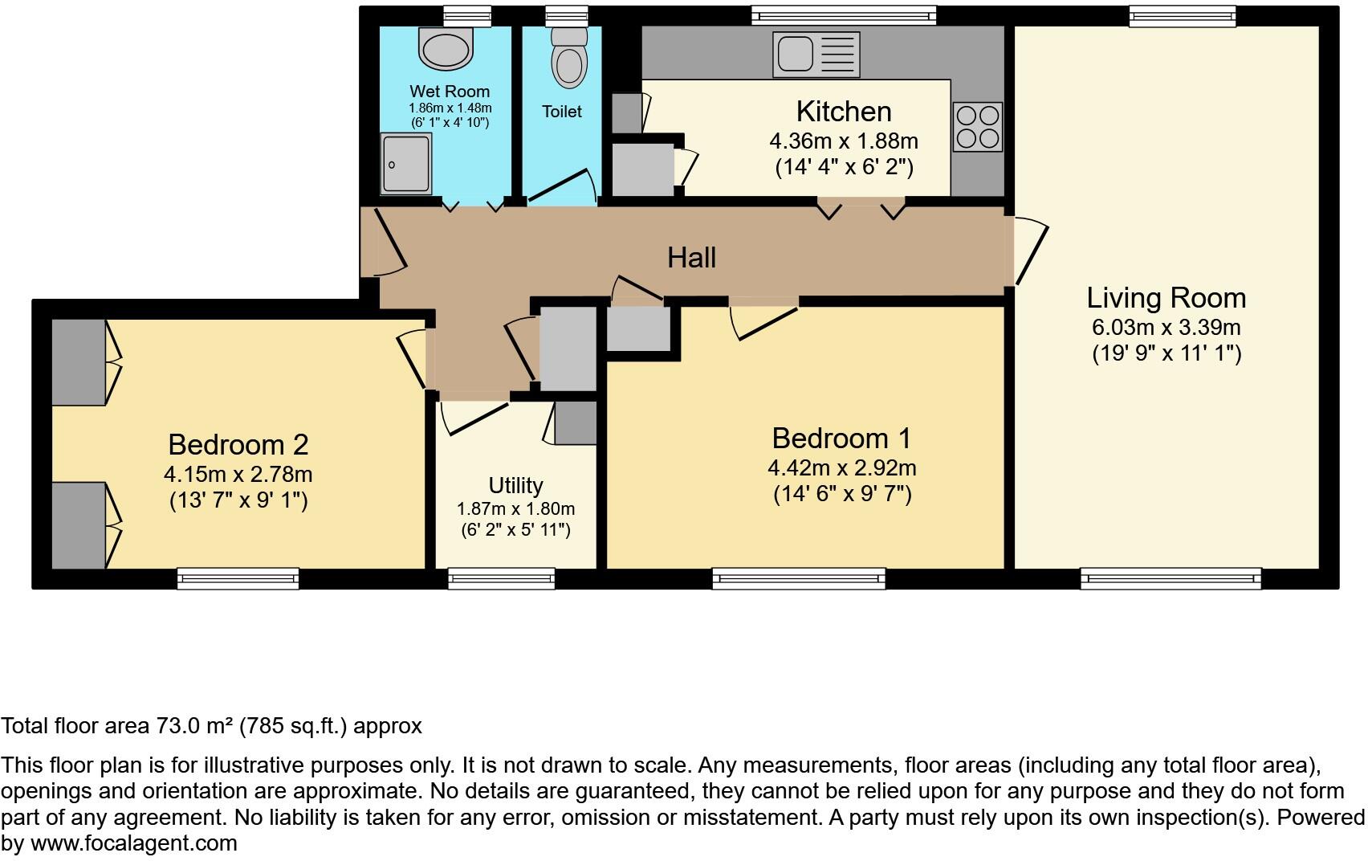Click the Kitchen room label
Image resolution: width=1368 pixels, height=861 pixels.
[x=843, y=111]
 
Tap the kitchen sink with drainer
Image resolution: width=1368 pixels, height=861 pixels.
[x=816, y=54]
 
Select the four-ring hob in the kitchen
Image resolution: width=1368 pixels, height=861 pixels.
[x=977, y=127]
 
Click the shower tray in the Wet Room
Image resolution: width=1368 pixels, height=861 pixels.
[x=406, y=164]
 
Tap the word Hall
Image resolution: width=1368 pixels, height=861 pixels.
[x=691, y=258]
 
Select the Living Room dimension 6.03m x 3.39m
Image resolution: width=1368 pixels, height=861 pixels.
[x=1166, y=328]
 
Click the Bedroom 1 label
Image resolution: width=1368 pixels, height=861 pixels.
[x=841, y=439]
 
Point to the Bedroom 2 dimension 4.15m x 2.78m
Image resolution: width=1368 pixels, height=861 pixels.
[x=238, y=474]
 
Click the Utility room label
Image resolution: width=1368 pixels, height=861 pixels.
[x=515, y=485]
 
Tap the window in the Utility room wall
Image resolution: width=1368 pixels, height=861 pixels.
[x=501, y=578]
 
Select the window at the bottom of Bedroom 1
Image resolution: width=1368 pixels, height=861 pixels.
[x=799, y=578]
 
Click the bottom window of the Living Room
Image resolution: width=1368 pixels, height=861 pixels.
[x=1171, y=578]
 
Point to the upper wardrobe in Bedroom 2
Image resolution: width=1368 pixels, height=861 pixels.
[x=79, y=361]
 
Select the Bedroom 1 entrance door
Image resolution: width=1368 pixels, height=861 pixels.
[x=763, y=320]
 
